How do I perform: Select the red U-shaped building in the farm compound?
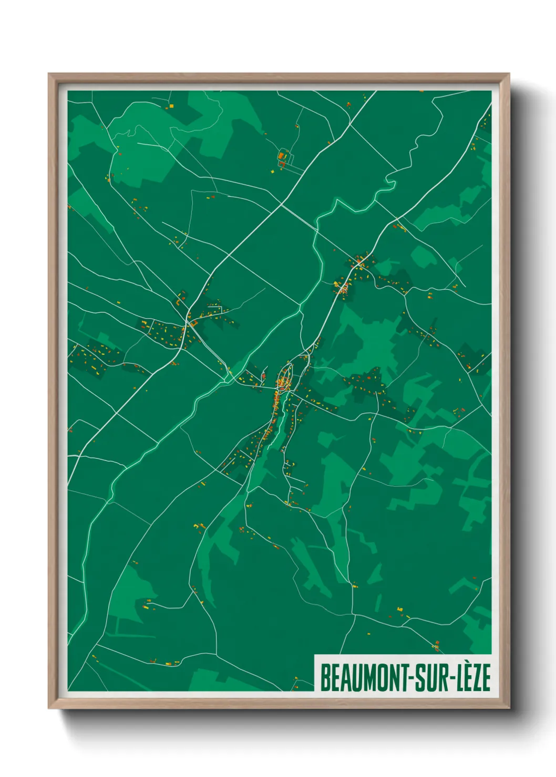pos(282,164)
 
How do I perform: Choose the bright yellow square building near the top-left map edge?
pos(171,107)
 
